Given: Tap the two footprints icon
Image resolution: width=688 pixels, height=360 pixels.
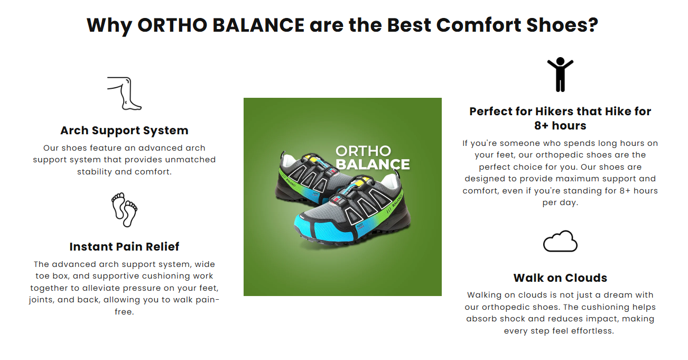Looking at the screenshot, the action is click(x=124, y=210).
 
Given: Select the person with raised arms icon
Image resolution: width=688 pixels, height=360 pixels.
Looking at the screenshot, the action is click(x=560, y=75).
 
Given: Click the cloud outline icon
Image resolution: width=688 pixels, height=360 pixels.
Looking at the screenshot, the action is click(x=560, y=242).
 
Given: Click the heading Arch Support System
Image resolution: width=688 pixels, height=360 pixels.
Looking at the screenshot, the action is click(x=124, y=131).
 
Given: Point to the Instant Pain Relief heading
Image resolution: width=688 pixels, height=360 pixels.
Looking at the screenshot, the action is click(x=124, y=247).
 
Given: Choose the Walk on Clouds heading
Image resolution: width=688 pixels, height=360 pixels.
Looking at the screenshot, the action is click(x=560, y=278).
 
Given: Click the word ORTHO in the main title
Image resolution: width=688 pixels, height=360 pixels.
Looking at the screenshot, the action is click(x=173, y=25).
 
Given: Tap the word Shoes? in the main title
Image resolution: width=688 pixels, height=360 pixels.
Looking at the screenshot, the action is click(x=562, y=25).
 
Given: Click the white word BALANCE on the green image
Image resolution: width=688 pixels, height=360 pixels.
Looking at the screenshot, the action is click(x=373, y=164).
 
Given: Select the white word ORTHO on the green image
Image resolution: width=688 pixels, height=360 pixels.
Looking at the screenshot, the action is click(x=364, y=151).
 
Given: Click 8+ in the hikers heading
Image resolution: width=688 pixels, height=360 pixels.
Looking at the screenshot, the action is click(x=541, y=126).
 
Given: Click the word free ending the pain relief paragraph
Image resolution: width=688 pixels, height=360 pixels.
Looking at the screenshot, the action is click(x=124, y=312).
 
